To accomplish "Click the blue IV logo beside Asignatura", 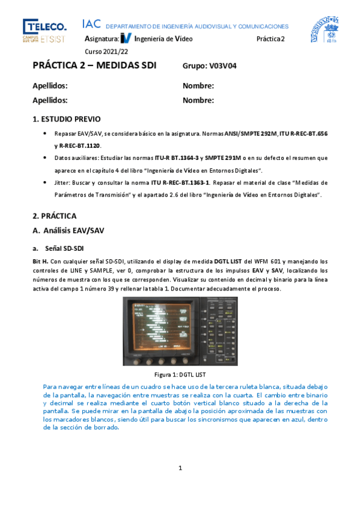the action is [126, 38].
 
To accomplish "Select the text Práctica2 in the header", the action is [271, 38].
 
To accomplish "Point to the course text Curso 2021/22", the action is [103, 51].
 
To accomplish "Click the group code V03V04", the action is [223, 66].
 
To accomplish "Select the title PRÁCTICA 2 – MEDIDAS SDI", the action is [94, 66].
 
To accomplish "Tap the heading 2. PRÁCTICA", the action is [55, 215].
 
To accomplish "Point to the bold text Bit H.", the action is [40, 261].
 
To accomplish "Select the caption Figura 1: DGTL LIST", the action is [180, 374].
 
